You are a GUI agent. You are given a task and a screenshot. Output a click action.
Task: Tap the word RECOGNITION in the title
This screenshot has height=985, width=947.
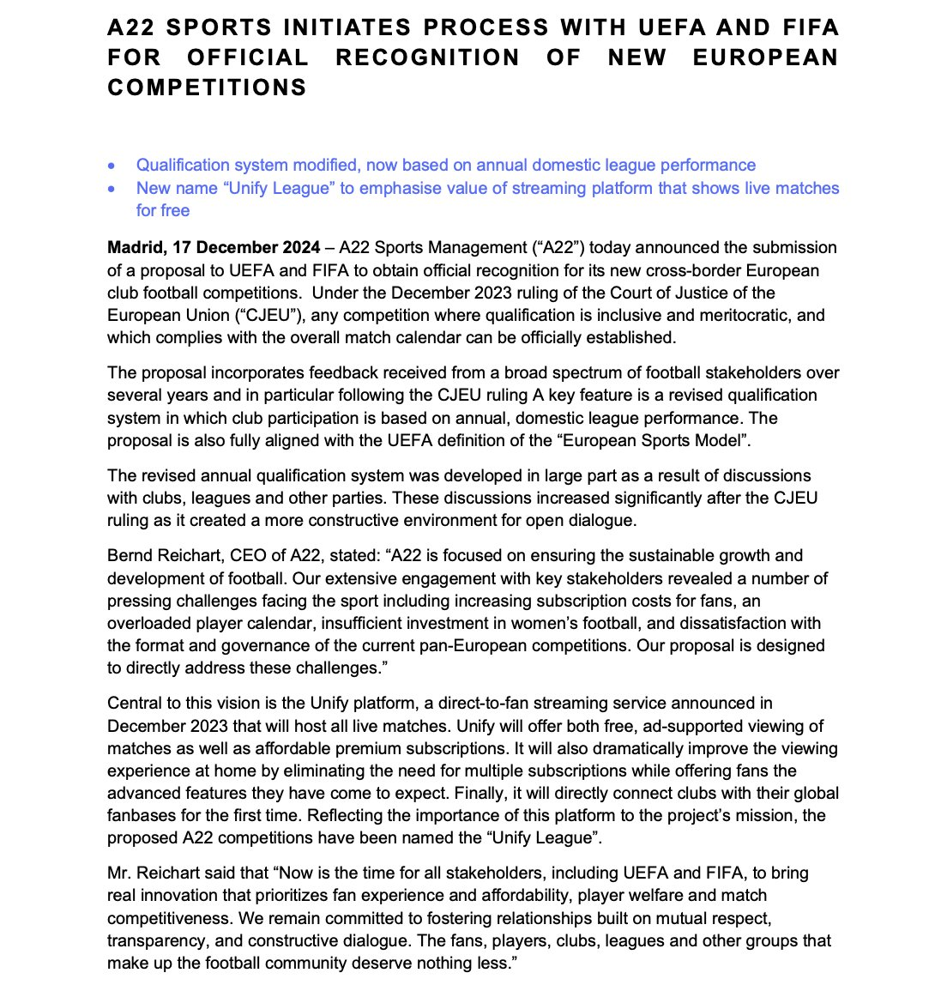pyautogui.click(x=427, y=57)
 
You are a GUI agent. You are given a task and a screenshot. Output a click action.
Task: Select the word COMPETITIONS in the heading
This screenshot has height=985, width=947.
pyautogui.click(x=207, y=88)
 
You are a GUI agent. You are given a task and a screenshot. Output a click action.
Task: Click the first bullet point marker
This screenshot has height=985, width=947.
pyautogui.click(x=111, y=166)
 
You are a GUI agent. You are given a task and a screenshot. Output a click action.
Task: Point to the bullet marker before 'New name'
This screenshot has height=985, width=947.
pyautogui.click(x=111, y=189)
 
